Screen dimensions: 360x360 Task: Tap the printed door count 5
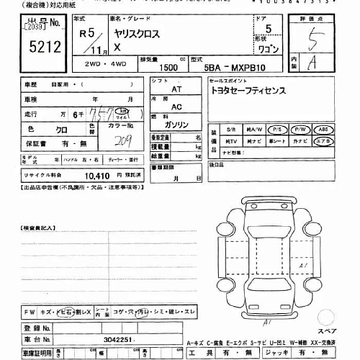click(269, 30)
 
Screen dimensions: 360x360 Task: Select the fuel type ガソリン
click(176, 124)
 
